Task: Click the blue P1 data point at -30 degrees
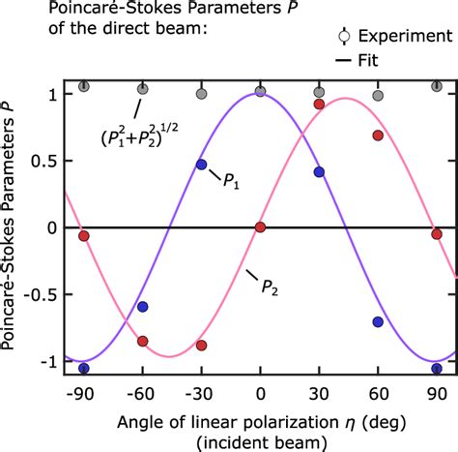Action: click(x=201, y=165)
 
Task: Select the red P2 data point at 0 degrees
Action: click(x=260, y=227)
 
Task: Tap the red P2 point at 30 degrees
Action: click(x=319, y=104)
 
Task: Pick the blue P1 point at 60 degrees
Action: click(x=378, y=322)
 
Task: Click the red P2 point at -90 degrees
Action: click(x=83, y=236)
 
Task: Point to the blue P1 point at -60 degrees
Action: click(x=143, y=307)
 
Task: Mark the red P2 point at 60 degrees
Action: click(x=378, y=136)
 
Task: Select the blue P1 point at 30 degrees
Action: click(x=319, y=172)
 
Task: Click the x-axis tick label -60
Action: click(x=141, y=394)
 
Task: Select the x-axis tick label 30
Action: click(x=319, y=394)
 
